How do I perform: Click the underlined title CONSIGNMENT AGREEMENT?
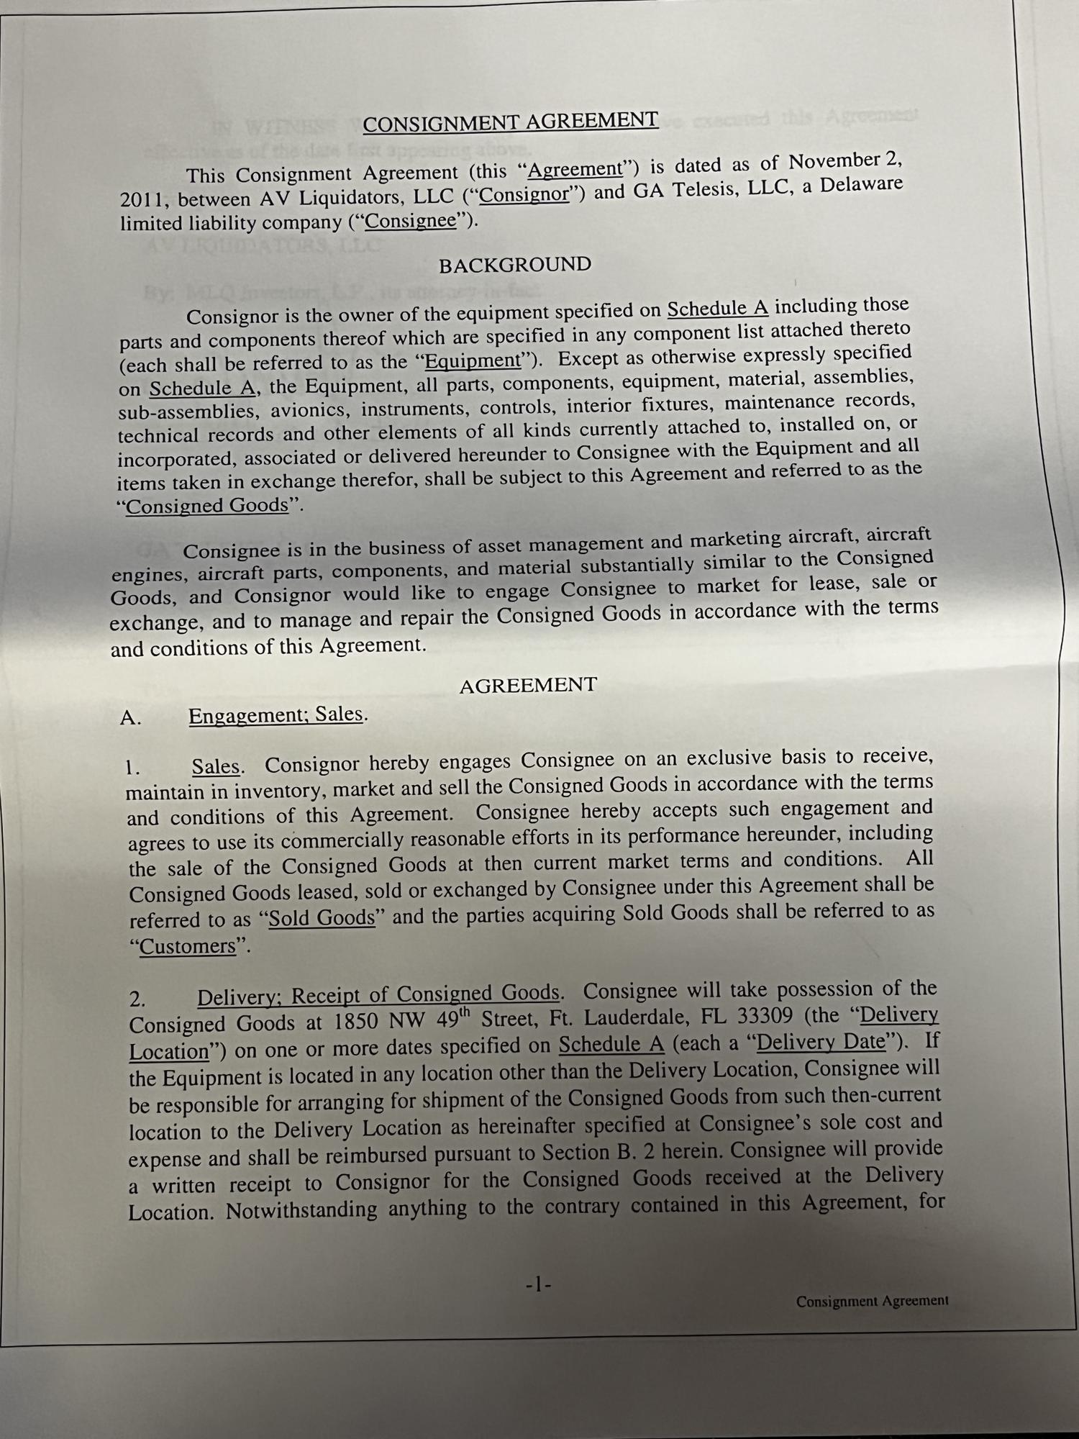(510, 122)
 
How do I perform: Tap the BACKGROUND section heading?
(515, 265)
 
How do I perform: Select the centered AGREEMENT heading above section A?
(528, 685)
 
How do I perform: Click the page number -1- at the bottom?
(538, 1284)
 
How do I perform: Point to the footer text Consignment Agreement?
(872, 1301)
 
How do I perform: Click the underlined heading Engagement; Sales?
(276, 715)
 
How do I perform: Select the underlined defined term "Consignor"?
(524, 195)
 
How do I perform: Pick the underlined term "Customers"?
(188, 946)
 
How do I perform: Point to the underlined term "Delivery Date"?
(821, 1043)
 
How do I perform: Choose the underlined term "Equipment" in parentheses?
(473, 360)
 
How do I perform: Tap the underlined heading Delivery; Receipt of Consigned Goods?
(378, 995)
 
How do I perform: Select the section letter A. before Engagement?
(130, 718)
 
